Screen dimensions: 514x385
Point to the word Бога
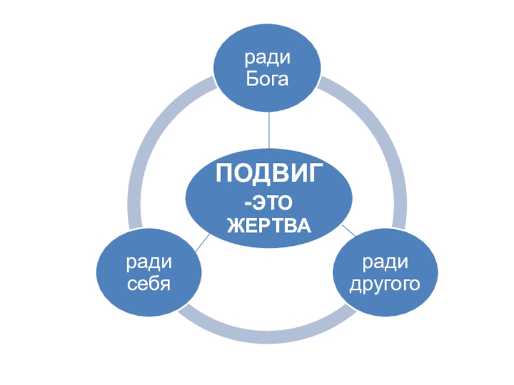pos(267,80)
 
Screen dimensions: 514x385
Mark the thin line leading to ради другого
pos(348,230)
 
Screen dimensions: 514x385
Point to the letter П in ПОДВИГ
pos(222,174)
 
